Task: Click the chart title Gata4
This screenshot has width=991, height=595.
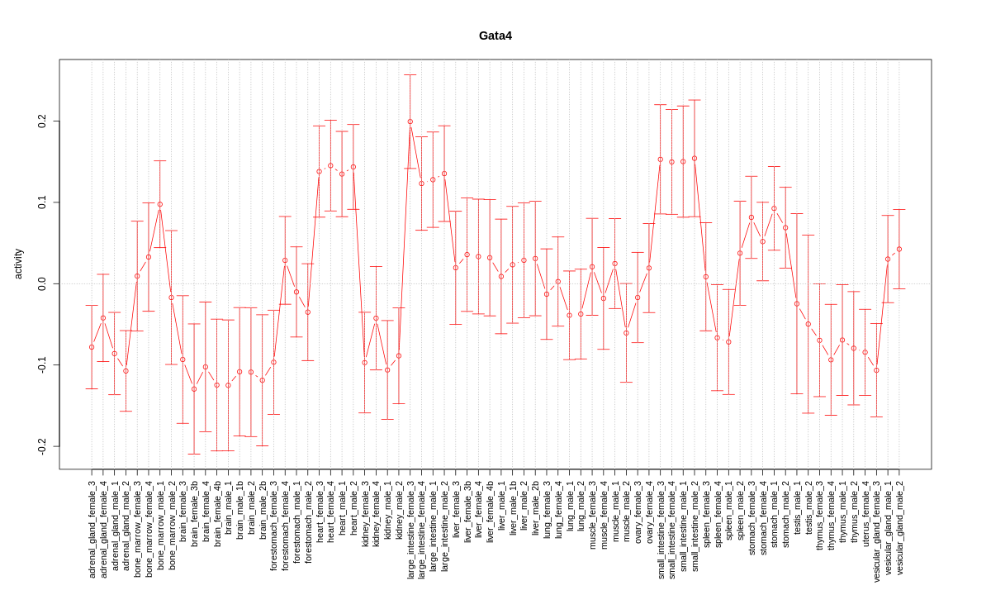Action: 495,36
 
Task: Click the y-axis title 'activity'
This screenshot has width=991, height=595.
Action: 18,264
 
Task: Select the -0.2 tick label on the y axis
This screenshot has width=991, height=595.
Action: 42,445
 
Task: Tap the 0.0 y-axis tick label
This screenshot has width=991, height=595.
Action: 42,283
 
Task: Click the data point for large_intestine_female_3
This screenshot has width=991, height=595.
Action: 410,121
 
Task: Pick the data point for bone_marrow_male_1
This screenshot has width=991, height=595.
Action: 160,204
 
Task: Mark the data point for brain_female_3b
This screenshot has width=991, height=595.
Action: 194,389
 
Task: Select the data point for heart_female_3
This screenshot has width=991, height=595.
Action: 319,172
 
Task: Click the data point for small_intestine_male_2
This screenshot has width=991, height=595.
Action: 695,159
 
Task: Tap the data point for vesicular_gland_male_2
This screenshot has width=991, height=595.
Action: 899,249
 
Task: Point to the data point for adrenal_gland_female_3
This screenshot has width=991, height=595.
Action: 92,347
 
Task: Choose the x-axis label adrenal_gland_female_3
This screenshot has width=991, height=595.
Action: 92,528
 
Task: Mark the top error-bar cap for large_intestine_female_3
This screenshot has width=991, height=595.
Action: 410,75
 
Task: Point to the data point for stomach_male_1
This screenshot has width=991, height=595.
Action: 774,208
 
